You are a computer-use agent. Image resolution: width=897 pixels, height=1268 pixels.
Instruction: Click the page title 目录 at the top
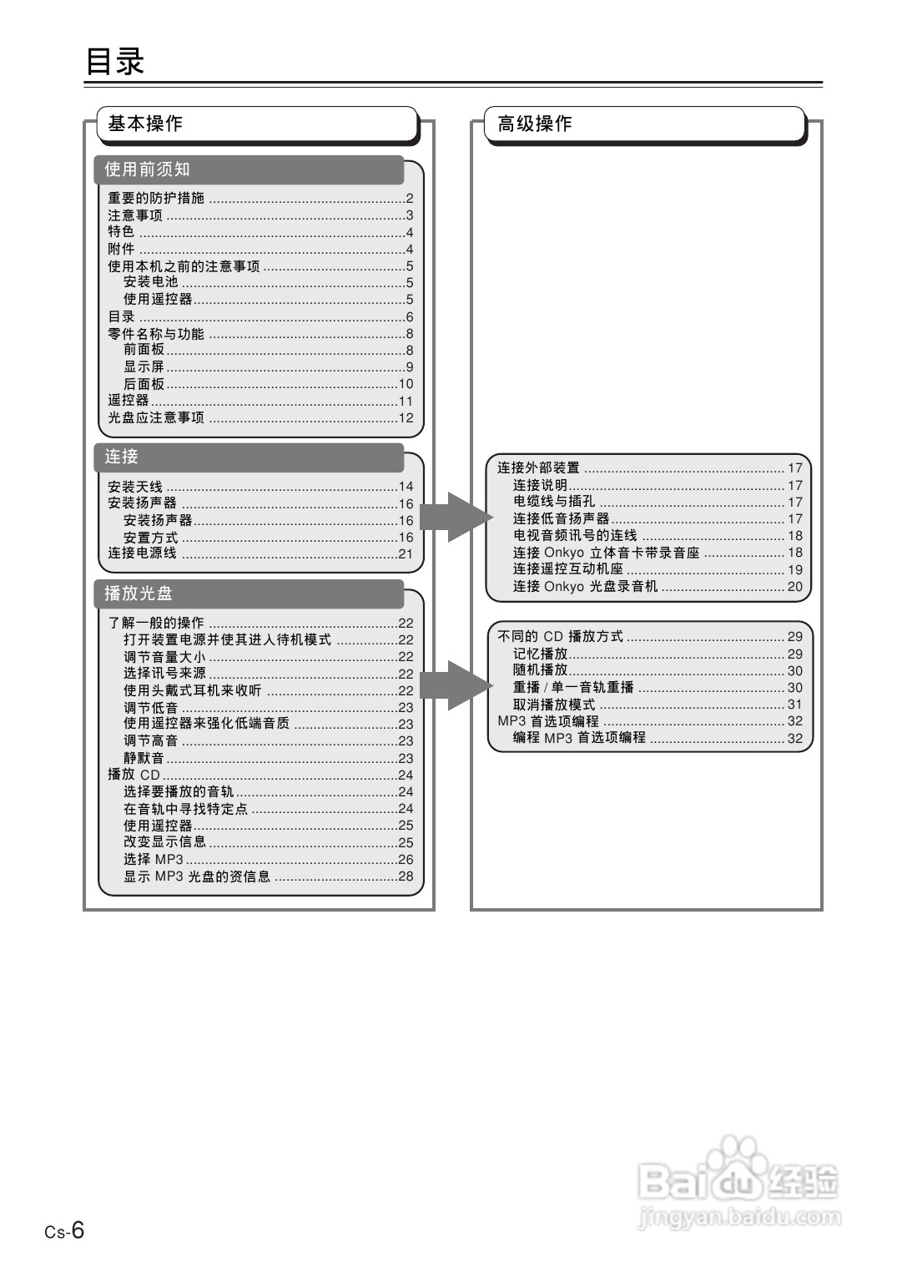(115, 62)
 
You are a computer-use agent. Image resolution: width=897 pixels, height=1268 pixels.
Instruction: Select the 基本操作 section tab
(145, 124)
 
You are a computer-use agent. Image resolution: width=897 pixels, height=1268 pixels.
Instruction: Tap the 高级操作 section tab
(535, 124)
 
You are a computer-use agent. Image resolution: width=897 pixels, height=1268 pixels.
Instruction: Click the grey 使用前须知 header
(148, 169)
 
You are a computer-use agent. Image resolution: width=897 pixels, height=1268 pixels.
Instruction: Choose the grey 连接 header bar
(122, 457)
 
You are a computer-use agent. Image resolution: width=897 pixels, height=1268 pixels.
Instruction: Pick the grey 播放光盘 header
(139, 594)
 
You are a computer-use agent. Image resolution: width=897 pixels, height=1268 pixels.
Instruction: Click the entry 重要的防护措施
(156, 198)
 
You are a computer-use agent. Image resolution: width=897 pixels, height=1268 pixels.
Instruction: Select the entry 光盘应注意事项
(156, 417)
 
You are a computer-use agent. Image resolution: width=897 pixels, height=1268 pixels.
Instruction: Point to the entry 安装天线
(135, 486)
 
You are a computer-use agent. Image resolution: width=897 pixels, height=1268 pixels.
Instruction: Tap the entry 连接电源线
(143, 553)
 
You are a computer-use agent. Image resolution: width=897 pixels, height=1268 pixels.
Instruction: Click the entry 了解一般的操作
(156, 623)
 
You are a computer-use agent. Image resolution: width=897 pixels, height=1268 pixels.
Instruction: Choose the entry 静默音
(144, 758)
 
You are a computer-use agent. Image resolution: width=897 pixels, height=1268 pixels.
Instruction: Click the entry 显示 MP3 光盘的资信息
(197, 876)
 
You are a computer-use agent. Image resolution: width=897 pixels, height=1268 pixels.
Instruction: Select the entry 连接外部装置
(538, 467)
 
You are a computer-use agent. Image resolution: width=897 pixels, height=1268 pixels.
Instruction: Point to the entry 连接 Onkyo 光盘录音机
(585, 586)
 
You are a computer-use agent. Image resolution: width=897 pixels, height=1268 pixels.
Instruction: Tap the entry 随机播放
(540, 670)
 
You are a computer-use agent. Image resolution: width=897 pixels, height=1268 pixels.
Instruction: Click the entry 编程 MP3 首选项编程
(579, 738)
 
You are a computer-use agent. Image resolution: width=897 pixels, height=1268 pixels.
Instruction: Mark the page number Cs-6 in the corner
(65, 1230)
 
